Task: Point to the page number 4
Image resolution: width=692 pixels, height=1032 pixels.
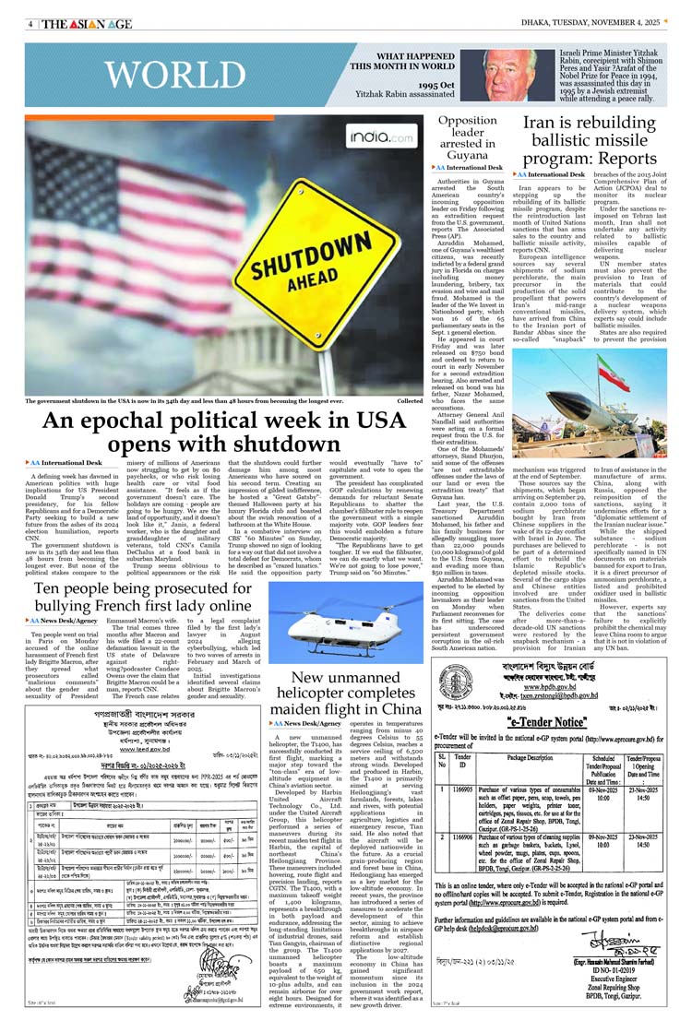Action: coord(30,24)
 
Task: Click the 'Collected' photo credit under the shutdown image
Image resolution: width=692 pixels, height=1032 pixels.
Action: coord(410,401)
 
